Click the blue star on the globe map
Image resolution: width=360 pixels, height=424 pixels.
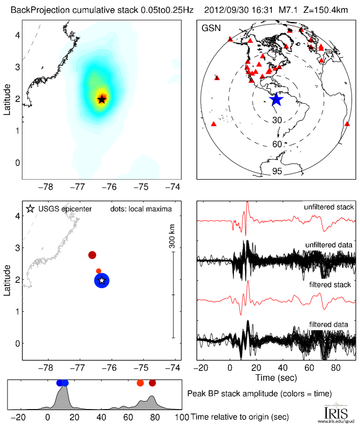(276, 99)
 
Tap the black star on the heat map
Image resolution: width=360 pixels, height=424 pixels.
(102, 99)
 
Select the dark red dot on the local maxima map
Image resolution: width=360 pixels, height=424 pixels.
(92, 255)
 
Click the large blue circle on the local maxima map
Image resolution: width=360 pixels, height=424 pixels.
(102, 280)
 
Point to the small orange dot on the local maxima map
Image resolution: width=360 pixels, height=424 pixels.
(98, 271)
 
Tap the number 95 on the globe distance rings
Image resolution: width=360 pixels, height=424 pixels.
(277, 172)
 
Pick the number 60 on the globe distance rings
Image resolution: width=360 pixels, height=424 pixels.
(277, 144)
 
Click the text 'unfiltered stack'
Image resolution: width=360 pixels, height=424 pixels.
(328, 207)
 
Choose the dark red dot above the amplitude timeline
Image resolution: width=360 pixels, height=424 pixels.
(153, 383)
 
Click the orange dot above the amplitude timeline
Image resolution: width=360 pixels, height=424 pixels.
(140, 383)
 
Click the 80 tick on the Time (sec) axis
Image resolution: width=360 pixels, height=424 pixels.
(335, 367)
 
